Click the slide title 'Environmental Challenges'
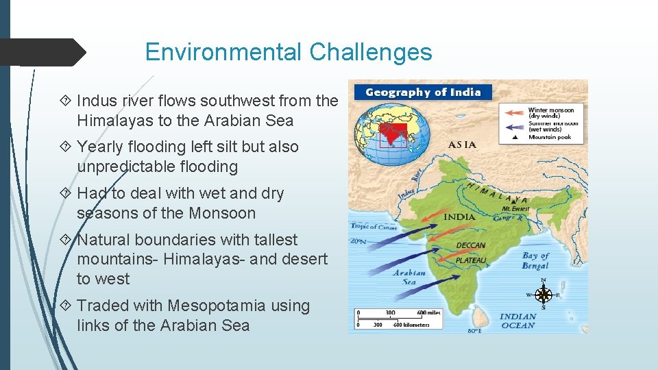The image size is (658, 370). (289, 52)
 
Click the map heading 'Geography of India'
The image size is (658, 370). (423, 92)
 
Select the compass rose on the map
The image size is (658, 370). (544, 295)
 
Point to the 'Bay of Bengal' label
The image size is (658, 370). (535, 260)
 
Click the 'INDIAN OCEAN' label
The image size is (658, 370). (517, 321)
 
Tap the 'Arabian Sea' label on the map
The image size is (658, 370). (409, 277)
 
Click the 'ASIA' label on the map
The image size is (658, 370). (463, 145)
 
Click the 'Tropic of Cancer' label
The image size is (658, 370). (374, 226)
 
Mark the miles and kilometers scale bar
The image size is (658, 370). (398, 319)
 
